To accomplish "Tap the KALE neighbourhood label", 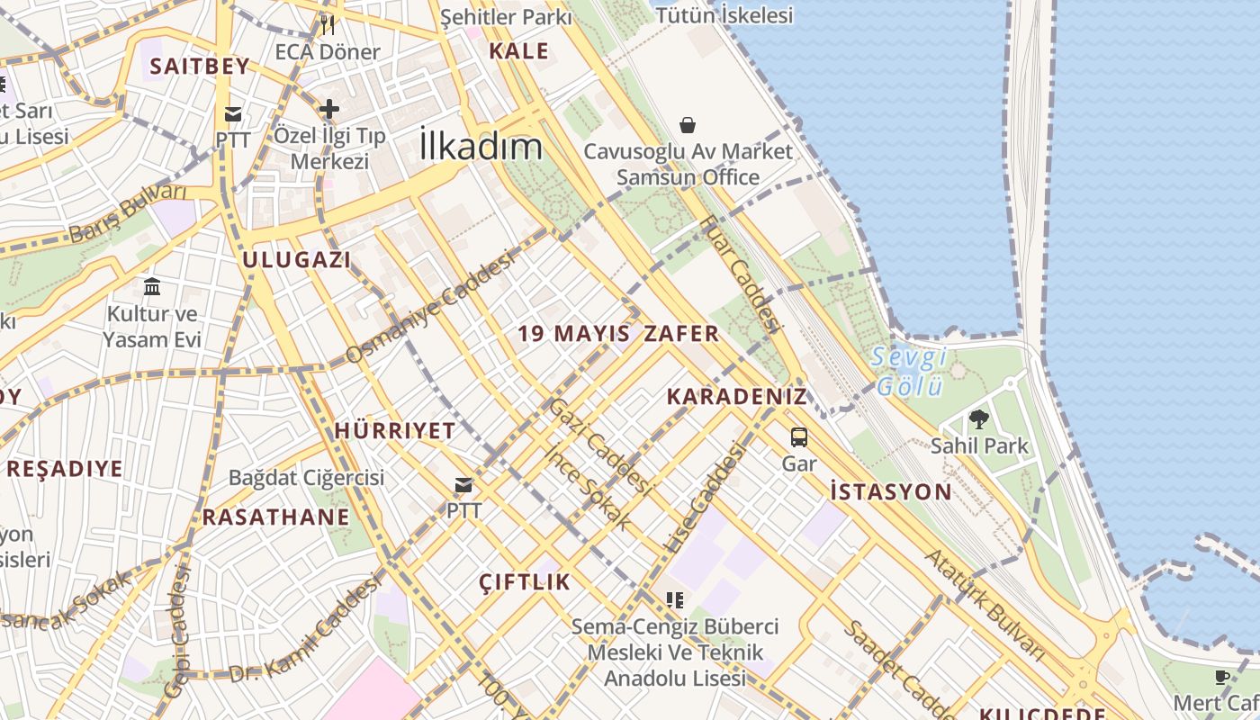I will pos(518,51).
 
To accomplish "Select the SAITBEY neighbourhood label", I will pos(199,66).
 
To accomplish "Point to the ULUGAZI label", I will pos(296,260).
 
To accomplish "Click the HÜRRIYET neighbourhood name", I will pos(395,431).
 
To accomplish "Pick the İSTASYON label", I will pos(890,491).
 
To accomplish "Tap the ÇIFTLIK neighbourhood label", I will pos(525,581).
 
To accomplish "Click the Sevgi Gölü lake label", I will pos(909,372).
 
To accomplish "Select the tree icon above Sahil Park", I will pos(979,418).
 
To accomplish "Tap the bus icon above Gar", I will pos(799,437).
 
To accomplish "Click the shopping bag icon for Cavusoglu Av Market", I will pos(688,124).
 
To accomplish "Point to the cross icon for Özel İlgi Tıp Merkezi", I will pos(329,109).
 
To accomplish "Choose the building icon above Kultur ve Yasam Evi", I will pos(152,287).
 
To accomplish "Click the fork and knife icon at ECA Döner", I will pos(328,24).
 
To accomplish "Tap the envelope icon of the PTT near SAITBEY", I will pos(233,113).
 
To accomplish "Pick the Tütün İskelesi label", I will pos(724,15).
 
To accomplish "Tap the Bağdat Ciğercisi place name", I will pos(306,477).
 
